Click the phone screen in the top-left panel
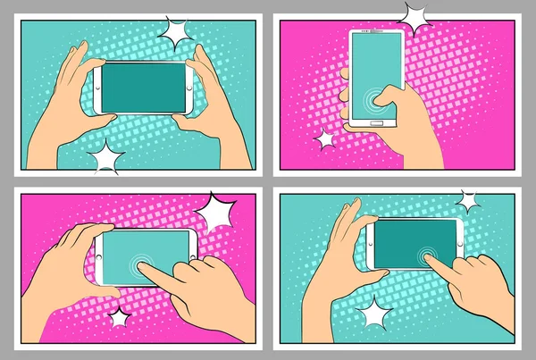[x=143, y=87]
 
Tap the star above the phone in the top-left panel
[x=176, y=34]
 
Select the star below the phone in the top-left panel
[x=107, y=158]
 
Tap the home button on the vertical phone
[x=377, y=122]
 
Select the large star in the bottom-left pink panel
[x=216, y=214]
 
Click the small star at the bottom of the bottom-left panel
[x=118, y=317]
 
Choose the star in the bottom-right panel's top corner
[x=466, y=201]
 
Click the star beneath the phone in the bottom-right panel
[x=373, y=313]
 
